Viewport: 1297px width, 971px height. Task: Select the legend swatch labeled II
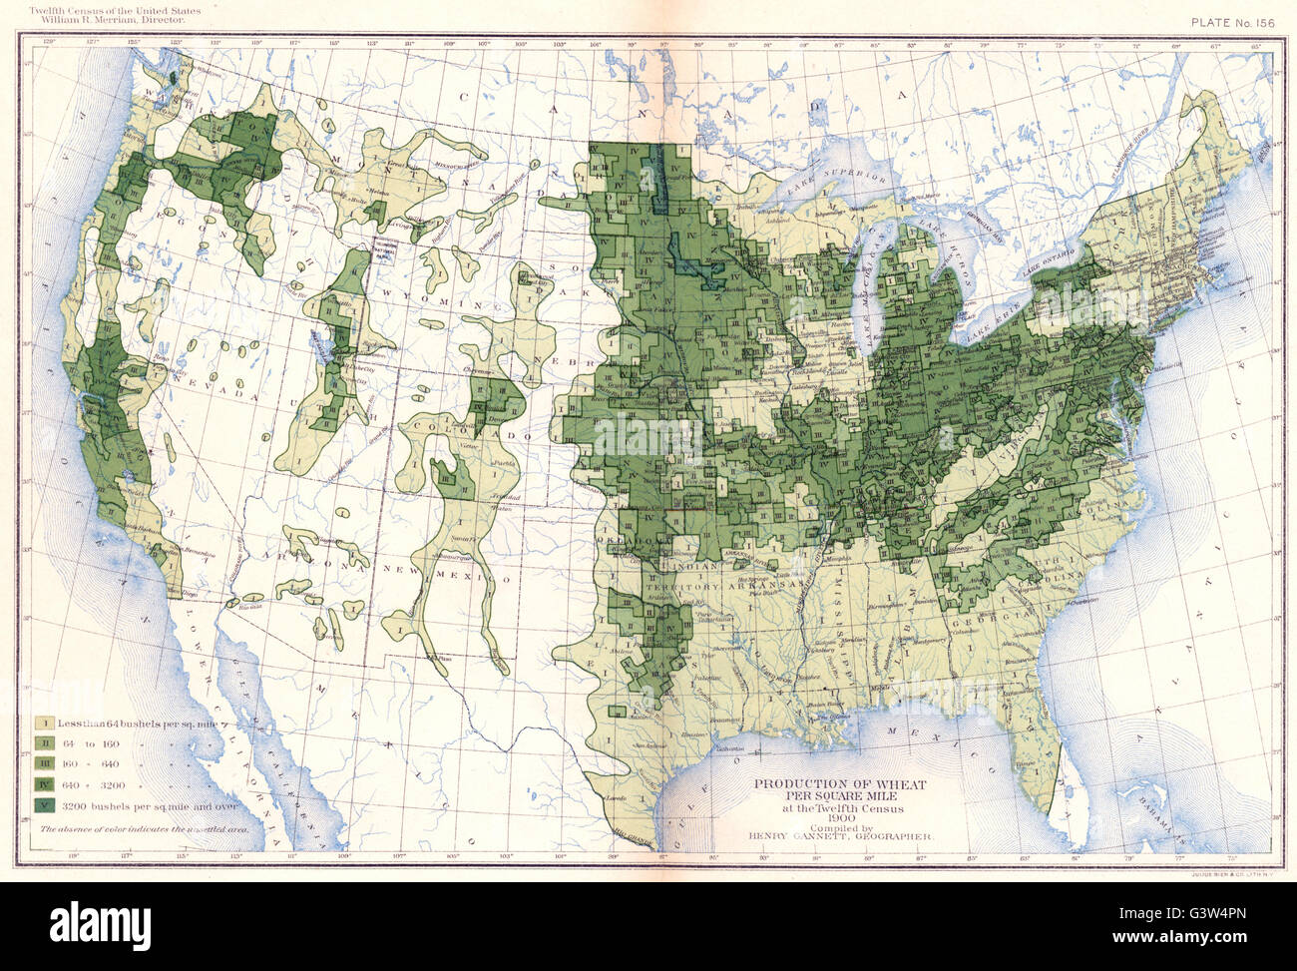coord(46,742)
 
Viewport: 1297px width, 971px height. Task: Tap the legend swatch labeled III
coord(46,763)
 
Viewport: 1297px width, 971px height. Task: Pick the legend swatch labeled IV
coord(46,784)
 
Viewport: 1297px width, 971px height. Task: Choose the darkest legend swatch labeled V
coord(46,805)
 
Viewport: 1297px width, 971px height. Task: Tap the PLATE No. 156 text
coord(1232,21)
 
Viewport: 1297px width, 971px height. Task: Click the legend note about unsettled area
coord(146,828)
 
